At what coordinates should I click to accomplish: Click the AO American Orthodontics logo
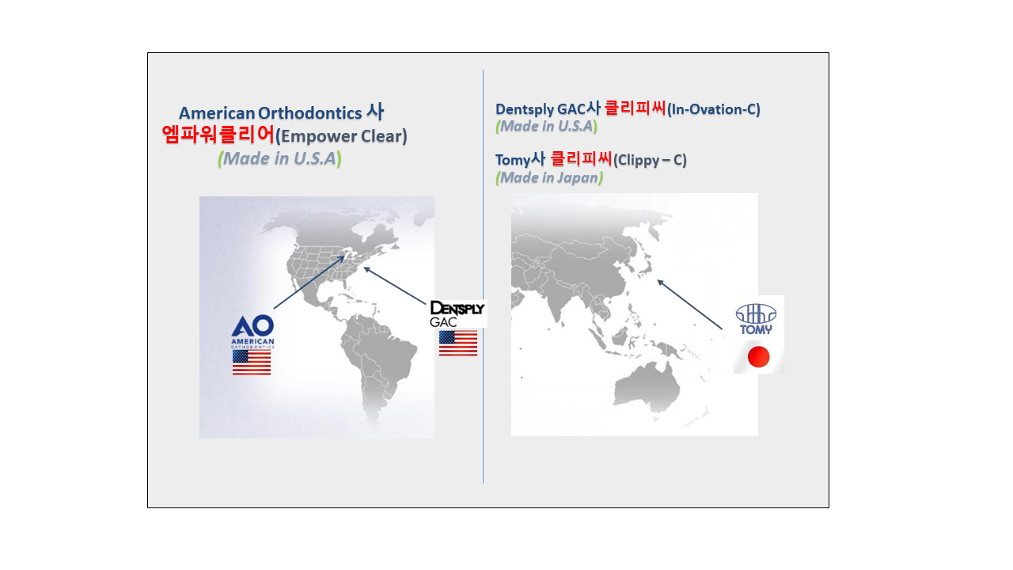pyautogui.click(x=252, y=331)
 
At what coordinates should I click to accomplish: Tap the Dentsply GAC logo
pyautogui.click(x=457, y=313)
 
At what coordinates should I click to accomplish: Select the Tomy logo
pyautogui.click(x=756, y=319)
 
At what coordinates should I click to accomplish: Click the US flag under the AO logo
pyautogui.click(x=252, y=363)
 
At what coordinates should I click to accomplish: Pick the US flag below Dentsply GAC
pyautogui.click(x=458, y=343)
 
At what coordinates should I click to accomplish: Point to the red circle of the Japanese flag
pyautogui.click(x=758, y=356)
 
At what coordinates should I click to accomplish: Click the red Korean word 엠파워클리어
pyautogui.click(x=218, y=135)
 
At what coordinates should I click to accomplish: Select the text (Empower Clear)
pyautogui.click(x=341, y=136)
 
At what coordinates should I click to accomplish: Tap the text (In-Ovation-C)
pyautogui.click(x=714, y=109)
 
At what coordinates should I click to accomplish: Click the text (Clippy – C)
pyautogui.click(x=650, y=160)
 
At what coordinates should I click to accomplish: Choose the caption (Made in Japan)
pyautogui.click(x=549, y=178)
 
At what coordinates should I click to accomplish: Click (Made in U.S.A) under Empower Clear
pyautogui.click(x=279, y=159)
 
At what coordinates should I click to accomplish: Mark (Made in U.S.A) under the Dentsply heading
pyautogui.click(x=546, y=126)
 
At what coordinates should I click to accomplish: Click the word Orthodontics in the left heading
pyautogui.click(x=310, y=113)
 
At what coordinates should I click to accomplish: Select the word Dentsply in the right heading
pyautogui.click(x=525, y=109)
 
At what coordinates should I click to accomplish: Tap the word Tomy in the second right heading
pyautogui.click(x=512, y=160)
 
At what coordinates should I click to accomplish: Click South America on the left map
pyautogui.click(x=378, y=362)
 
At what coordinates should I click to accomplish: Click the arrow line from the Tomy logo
pyautogui.click(x=689, y=305)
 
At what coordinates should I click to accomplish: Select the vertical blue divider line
pyautogui.click(x=483, y=276)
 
